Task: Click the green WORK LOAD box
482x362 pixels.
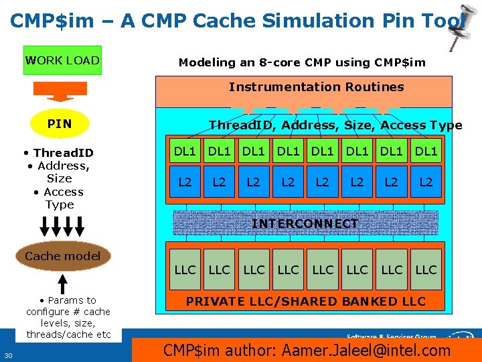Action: point(62,60)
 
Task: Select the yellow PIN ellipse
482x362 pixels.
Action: point(60,124)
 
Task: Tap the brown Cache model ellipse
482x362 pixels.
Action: point(62,256)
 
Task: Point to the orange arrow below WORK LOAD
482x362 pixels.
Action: point(60,91)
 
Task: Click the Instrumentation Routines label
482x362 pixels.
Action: point(316,87)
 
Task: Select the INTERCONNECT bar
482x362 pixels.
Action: point(305,223)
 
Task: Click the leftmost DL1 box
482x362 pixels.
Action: point(185,152)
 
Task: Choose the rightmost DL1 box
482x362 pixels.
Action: point(426,152)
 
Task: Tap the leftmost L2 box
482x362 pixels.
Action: point(185,182)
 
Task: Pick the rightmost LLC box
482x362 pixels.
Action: point(426,270)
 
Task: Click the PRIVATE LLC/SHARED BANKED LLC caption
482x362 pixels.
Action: point(305,302)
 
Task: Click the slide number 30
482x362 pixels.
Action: point(9,355)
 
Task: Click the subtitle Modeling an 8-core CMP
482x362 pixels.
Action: point(301,62)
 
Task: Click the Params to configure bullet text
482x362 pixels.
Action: point(68,317)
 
